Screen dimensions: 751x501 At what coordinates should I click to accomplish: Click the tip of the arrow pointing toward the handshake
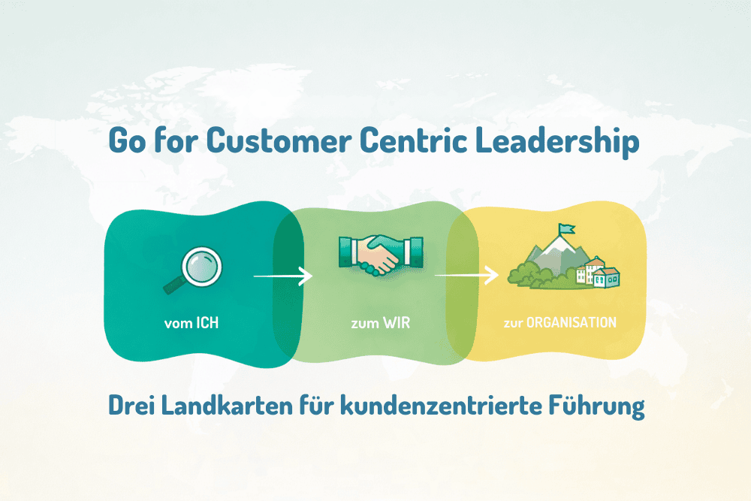(312, 276)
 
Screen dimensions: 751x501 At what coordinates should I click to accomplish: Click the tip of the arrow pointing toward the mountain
(499, 276)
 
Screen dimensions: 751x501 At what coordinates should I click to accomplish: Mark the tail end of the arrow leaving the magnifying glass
(254, 276)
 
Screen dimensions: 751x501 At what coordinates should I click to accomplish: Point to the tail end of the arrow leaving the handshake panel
(435, 276)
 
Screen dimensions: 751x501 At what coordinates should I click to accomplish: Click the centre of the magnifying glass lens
(202, 267)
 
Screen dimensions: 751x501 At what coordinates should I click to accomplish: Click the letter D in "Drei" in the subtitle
(117, 405)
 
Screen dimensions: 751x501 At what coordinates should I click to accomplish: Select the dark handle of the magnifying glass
(173, 285)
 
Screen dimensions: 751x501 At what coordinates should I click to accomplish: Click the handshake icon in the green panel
(381, 255)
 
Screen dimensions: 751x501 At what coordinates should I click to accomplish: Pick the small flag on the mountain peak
(566, 229)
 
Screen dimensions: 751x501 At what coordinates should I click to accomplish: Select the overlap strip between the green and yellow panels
(463, 285)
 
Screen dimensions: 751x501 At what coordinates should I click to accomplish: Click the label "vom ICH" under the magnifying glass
(192, 323)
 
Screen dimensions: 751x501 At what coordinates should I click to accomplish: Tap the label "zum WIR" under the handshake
(381, 323)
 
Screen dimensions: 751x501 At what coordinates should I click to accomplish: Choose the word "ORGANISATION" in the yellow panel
(572, 322)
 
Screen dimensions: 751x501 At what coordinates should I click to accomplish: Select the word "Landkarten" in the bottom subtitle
(227, 405)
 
